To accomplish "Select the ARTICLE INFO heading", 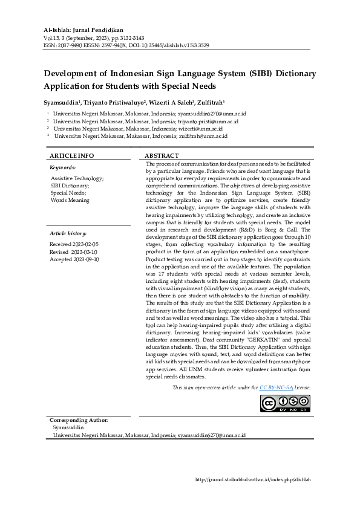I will pyautogui.click(x=71, y=155).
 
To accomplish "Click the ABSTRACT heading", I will pyautogui.click(x=162, y=155).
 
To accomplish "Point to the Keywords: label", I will pyautogui.click(x=62, y=167).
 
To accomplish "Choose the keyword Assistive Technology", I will pyautogui.click(x=76, y=179).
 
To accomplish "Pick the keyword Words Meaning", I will pyautogui.click(x=70, y=200).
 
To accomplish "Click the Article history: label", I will pyautogui.click(x=68, y=233).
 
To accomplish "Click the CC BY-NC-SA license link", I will pyautogui.click(x=277, y=387).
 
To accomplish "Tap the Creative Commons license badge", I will pyautogui.click(x=285, y=403).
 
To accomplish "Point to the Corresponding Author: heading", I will pyautogui.click(x=79, y=420).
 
